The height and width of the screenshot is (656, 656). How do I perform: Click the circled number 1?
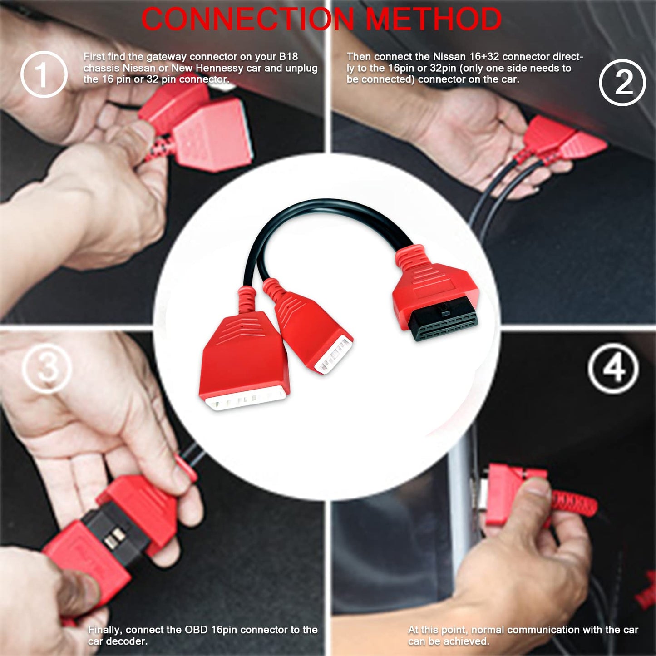(44, 74)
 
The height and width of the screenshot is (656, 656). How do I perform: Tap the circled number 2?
(623, 82)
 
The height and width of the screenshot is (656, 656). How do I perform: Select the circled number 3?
(47, 368)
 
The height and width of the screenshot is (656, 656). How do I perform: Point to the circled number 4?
(613, 368)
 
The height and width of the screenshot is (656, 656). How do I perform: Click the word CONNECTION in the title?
(247, 18)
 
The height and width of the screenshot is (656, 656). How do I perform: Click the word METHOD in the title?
(434, 18)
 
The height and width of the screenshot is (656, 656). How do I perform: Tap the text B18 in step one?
(288, 56)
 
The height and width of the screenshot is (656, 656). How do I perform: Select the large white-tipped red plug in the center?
(244, 361)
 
